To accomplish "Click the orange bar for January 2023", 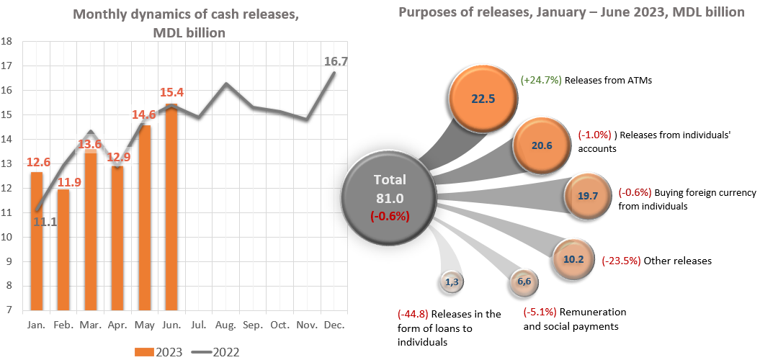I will coord(37,241).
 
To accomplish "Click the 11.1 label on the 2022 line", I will coord(45,222).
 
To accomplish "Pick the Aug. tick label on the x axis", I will coord(227,325).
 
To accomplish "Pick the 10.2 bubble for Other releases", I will coord(573,261).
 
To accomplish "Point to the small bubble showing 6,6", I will coord(524,282).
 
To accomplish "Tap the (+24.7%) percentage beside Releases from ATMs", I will coord(541,81).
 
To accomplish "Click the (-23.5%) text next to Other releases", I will coord(622,261).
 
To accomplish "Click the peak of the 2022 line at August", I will coord(226,84).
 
